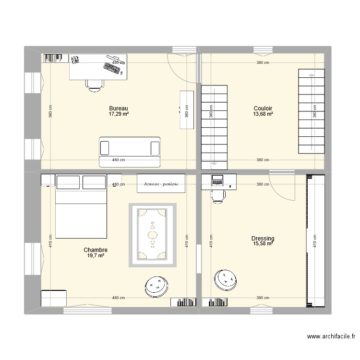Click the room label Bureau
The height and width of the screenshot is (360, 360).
point(119,108)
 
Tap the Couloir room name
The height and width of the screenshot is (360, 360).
point(263,108)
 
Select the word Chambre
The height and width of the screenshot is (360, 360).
point(95,250)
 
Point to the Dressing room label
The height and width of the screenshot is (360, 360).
point(263,239)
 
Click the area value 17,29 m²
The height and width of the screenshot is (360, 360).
point(119,114)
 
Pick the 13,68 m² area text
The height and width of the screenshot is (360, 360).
point(263,114)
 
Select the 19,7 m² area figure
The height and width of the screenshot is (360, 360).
point(95,256)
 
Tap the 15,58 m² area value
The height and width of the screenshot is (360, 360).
point(263,244)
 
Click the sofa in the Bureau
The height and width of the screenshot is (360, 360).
point(129,146)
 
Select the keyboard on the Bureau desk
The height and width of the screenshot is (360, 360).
point(111,69)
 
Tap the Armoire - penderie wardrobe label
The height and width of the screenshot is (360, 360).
point(161,183)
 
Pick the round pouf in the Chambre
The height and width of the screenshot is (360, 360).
point(156,287)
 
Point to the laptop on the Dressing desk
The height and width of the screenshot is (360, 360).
point(217,181)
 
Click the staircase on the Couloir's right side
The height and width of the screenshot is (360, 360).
point(312,111)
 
